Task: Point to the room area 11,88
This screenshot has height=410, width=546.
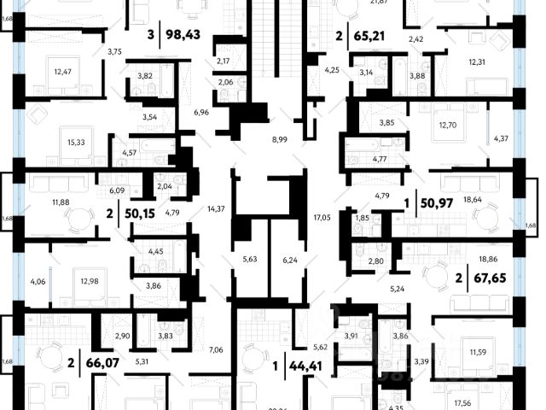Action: pyautogui.click(x=61, y=202)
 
